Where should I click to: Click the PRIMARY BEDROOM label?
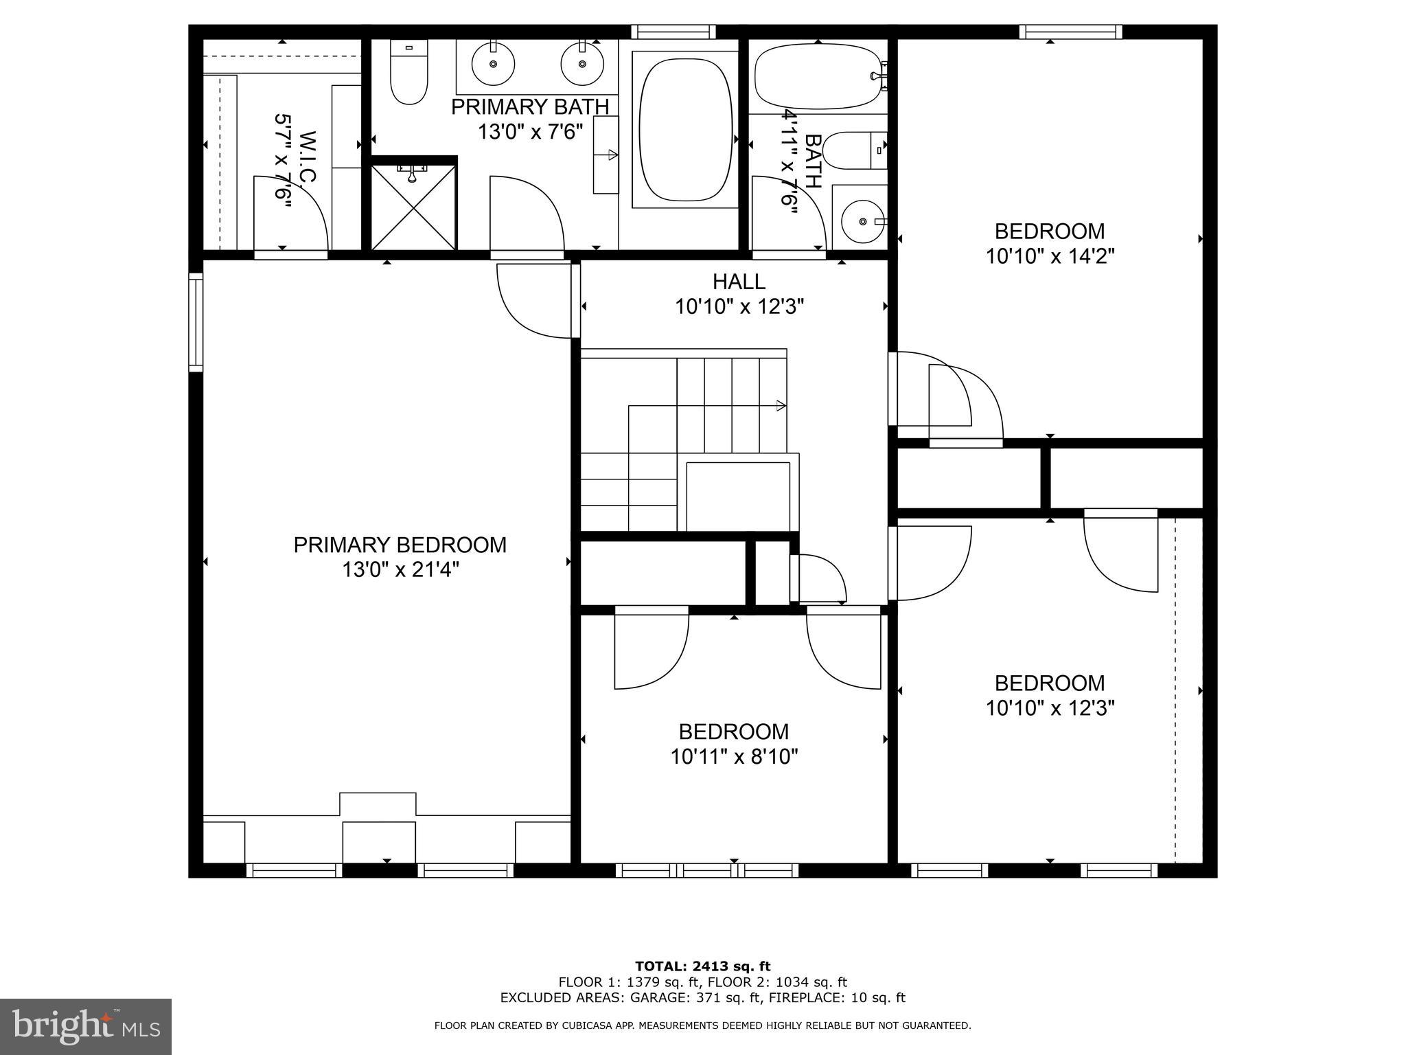[x=400, y=545]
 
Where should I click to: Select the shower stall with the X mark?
[x=413, y=207]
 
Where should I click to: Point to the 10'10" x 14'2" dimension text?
[x=1050, y=256]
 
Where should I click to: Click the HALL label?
[x=739, y=282]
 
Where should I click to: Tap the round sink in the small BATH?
[x=862, y=221]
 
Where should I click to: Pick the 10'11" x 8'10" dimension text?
[x=734, y=757]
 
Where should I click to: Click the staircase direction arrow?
[x=781, y=405]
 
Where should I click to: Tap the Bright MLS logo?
[x=86, y=1026]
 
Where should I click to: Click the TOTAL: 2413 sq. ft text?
[x=702, y=966]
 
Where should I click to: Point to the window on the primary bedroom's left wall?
[x=196, y=322]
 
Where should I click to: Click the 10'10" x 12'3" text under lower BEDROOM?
[x=1050, y=708]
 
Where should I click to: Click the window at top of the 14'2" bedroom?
[x=1070, y=32]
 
